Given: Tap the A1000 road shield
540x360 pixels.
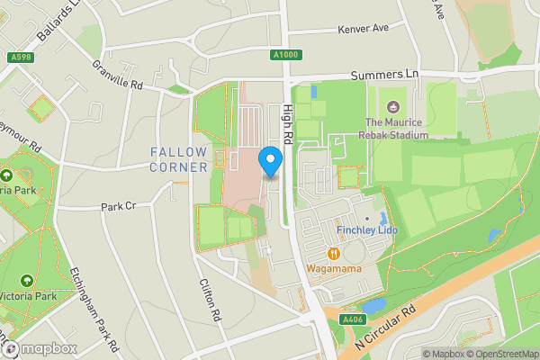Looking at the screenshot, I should [x=285, y=55].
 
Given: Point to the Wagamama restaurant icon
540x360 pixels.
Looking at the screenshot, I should [x=334, y=254].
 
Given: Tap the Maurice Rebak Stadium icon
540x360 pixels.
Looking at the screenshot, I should [x=389, y=106].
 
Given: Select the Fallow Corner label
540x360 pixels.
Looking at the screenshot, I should [x=179, y=159].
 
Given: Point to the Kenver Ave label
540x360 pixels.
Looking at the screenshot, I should [x=363, y=29].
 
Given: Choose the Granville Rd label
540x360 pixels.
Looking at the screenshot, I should [x=118, y=76].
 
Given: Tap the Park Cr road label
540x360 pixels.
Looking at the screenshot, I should [x=118, y=206].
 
